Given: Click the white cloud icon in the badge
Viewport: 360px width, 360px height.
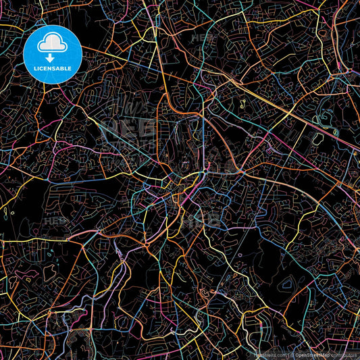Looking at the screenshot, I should coord(53,44).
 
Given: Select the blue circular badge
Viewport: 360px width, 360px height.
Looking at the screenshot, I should coord(53,54).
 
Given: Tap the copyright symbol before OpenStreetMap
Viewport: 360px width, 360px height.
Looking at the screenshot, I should coord(292,354).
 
